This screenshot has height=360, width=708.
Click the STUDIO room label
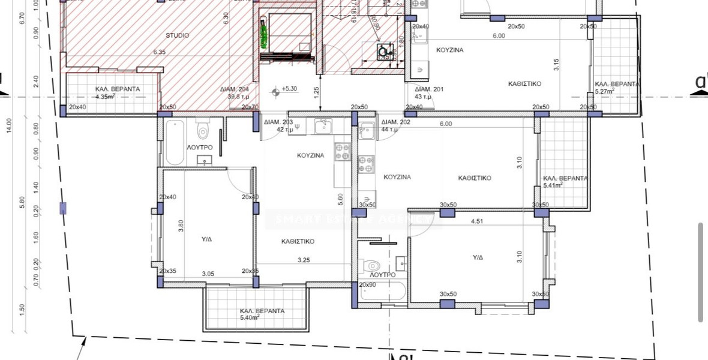pos(177,35)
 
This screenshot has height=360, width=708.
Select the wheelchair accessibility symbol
pos(382,52)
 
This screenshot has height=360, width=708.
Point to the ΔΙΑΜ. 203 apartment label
pos(278,122)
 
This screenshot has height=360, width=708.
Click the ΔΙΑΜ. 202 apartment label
pos(395,122)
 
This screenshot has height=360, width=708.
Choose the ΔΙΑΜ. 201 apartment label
pos(429,89)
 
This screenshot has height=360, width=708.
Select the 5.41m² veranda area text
pos(553,185)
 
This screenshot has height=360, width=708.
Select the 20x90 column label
pos(367,285)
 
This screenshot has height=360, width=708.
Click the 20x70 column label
pos(250,107)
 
